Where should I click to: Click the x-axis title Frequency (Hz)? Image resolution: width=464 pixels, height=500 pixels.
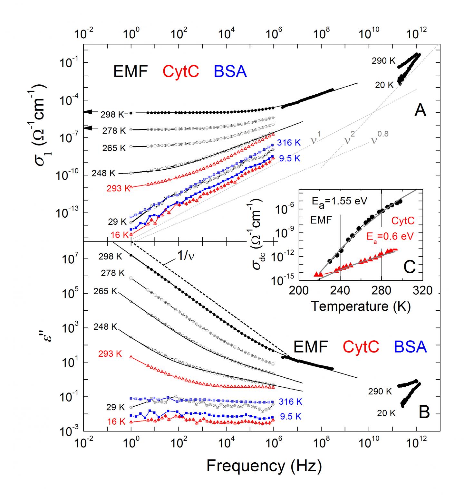[x=264, y=465]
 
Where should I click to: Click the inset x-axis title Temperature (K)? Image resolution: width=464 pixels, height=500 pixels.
[x=361, y=306]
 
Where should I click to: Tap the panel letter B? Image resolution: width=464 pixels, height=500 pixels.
[x=424, y=412]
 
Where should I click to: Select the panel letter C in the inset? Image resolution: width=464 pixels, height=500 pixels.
[x=409, y=267]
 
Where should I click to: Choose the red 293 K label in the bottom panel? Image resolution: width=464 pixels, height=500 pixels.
[x=110, y=354]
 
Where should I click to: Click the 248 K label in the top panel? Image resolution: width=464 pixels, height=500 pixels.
[x=103, y=173]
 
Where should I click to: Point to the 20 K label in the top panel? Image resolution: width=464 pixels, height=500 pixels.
[x=384, y=85]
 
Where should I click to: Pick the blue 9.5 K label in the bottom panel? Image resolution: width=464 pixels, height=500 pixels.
[x=290, y=416]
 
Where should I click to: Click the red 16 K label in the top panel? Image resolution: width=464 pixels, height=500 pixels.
[x=120, y=235]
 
